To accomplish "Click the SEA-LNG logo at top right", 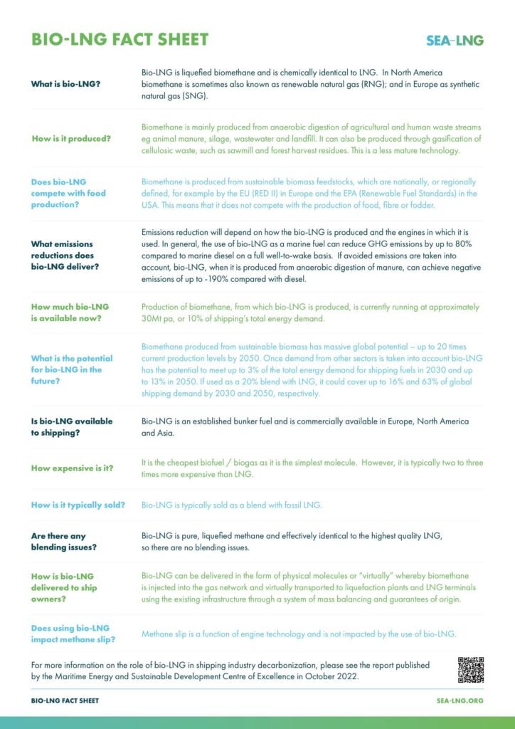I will pos(455,41).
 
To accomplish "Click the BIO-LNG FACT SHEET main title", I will pos(120,39).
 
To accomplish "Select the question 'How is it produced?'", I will pos(71,138).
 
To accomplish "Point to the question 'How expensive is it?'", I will pos(73,468).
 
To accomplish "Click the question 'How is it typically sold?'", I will pos(78,505).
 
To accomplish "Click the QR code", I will pos(470,670).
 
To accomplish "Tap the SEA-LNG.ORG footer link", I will pos(460,701).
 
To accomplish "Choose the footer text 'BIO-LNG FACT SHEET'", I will pos(65,701).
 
